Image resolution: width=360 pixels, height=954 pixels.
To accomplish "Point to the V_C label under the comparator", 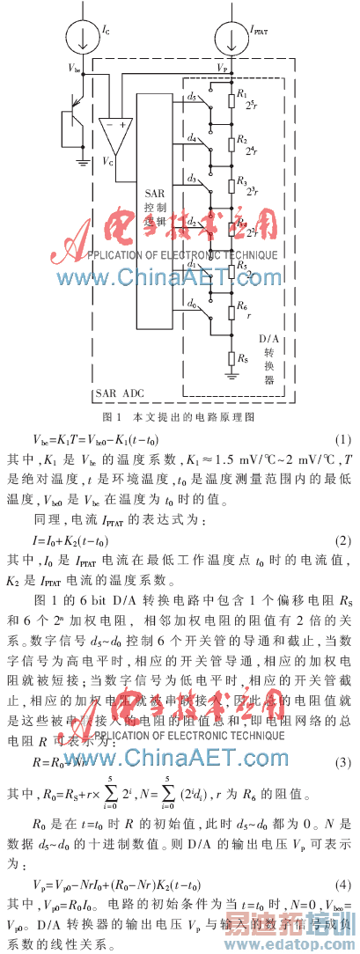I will coord(107,162).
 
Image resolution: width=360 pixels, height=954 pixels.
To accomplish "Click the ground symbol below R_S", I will coord(232,376).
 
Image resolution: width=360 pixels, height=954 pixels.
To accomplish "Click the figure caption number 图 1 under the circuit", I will coord(111,415).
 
